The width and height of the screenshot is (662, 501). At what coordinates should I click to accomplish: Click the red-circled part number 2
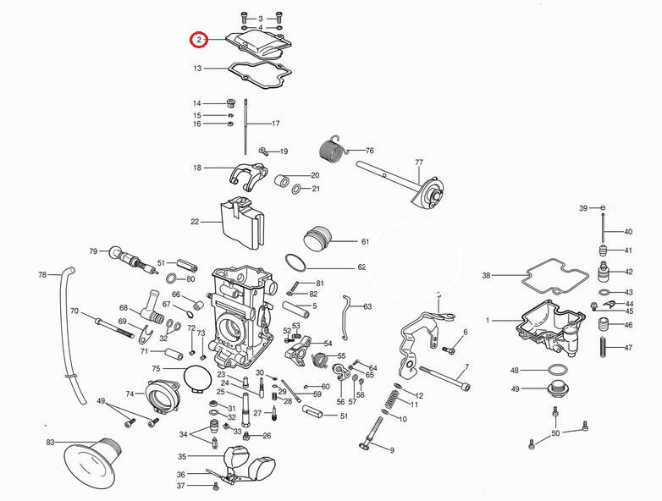(x=198, y=40)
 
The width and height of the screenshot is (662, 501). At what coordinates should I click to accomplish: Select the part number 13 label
(x=197, y=69)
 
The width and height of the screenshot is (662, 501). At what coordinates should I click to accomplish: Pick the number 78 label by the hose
(x=42, y=274)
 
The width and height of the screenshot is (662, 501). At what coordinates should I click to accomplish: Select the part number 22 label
(x=195, y=222)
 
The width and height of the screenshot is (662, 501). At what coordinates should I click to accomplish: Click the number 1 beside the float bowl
(x=488, y=321)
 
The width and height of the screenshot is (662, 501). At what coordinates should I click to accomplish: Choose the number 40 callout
(x=628, y=231)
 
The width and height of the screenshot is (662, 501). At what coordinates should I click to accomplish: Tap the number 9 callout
(x=392, y=450)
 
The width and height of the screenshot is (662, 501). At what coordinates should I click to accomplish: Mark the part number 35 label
(x=181, y=456)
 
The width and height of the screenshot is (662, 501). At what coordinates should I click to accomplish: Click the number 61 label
(x=365, y=241)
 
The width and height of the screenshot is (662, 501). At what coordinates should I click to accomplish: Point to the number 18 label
(x=197, y=168)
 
